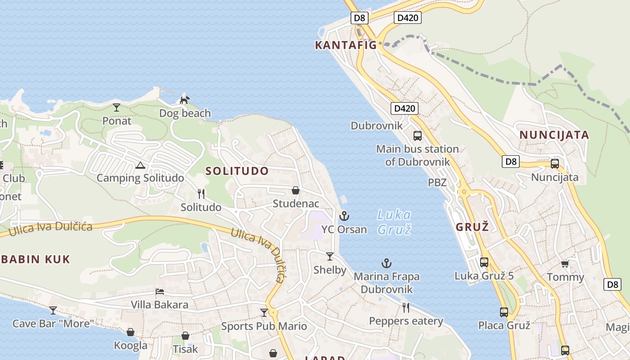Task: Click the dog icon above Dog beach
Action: coord(184,99)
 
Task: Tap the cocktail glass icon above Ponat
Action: coord(117,107)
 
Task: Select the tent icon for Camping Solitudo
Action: coord(140,165)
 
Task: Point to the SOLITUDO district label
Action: coord(237,171)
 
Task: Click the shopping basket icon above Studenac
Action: coord(296,190)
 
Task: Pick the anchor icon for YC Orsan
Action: coord(344,216)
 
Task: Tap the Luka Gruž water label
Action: coord(394,222)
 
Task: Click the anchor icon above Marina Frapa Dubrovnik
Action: coord(386,263)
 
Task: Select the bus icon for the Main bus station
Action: coord(418,135)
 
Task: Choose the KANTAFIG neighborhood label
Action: coord(346,45)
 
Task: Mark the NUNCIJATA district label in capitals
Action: coord(554,135)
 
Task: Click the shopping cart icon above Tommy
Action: coord(565,264)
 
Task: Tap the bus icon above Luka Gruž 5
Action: coord(484,262)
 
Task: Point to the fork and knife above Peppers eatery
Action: coord(406,307)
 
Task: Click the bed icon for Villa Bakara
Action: coord(159,292)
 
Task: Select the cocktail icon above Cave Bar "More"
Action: coord(53,310)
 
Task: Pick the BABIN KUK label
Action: coord(35,259)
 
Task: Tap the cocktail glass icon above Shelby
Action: coord(330,256)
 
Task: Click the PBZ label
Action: coord(437,183)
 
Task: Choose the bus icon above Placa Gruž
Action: coord(504,312)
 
